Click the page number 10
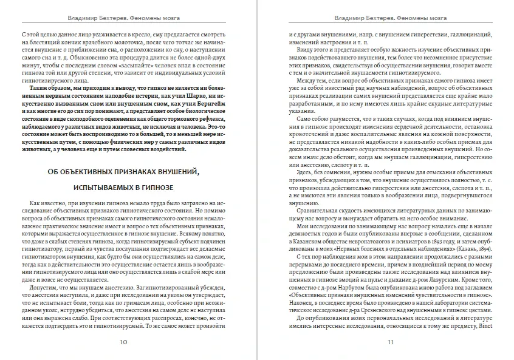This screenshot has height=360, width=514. click(123, 343)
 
